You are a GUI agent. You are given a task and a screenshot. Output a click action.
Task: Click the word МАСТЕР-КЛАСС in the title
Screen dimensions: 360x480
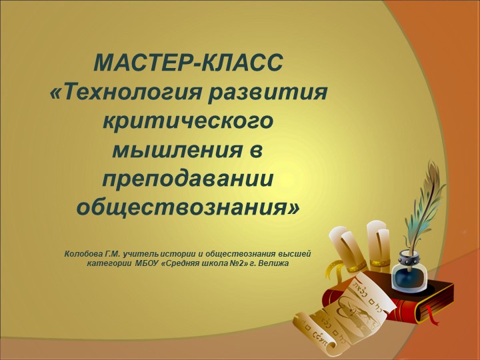[189, 65]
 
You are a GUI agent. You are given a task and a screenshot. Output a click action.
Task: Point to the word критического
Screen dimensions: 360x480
[189, 122]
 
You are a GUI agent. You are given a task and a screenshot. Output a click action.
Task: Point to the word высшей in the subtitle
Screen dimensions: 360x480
[296, 253]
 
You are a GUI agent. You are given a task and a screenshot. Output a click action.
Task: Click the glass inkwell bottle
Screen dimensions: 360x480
[407, 270]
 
